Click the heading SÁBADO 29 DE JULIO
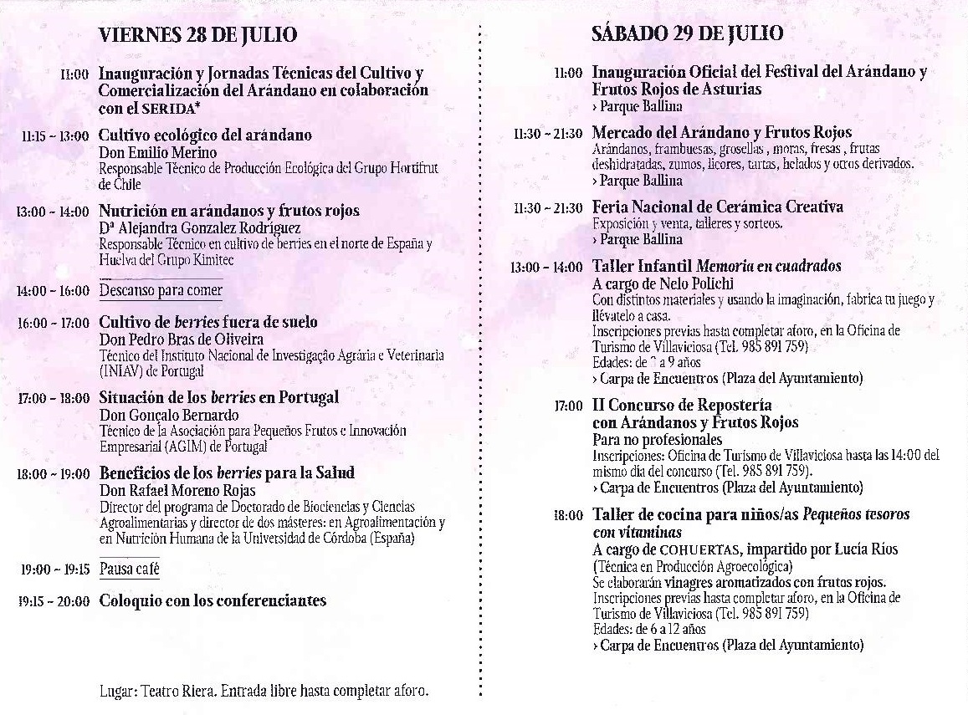click(x=687, y=33)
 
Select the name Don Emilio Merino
click(x=157, y=152)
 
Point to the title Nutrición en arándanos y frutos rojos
click(x=228, y=211)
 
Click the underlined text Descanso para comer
click(x=161, y=291)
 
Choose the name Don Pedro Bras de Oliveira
click(x=181, y=339)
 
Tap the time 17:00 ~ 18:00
click(x=54, y=398)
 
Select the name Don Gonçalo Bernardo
click(x=168, y=415)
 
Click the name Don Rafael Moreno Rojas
click(x=172, y=490)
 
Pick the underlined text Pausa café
click(x=129, y=569)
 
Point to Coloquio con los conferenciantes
click(x=213, y=600)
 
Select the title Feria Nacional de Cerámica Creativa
click(x=717, y=207)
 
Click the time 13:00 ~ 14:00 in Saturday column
click(x=547, y=268)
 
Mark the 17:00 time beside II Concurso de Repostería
click(x=568, y=406)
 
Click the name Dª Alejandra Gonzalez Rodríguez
click(x=199, y=227)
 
